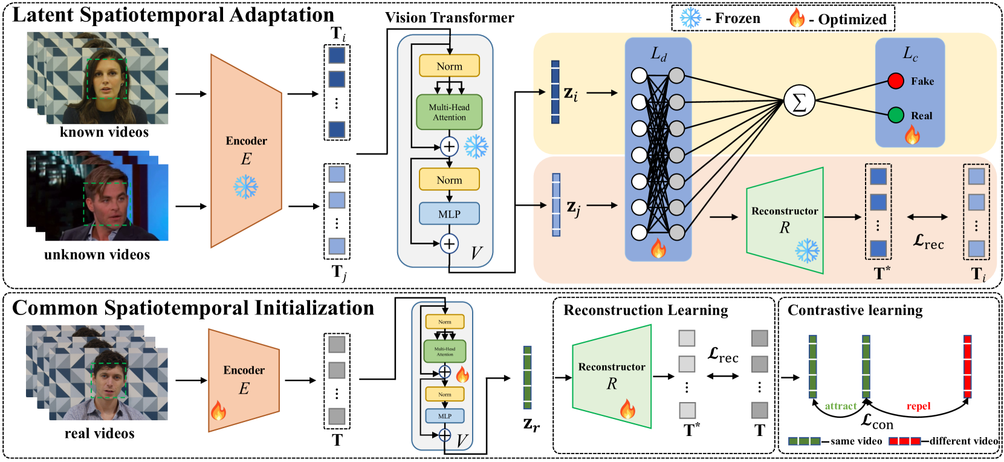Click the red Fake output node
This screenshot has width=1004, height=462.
[895, 80]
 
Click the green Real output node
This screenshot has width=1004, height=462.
[895, 115]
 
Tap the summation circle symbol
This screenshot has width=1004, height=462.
[799, 101]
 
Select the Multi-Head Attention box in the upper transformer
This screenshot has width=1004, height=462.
[449, 112]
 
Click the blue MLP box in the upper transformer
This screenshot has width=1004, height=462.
[449, 213]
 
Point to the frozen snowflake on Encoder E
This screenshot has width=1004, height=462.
[245, 187]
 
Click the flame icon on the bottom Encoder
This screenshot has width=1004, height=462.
[218, 411]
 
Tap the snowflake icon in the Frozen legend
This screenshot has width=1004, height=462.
[690, 18]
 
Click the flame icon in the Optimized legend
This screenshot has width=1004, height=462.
[797, 18]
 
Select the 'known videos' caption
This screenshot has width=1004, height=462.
[104, 132]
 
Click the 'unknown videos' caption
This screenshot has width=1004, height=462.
[97, 255]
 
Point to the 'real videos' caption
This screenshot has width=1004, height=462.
[99, 433]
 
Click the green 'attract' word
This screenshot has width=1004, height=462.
[840, 406]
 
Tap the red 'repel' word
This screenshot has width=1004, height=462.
[918, 406]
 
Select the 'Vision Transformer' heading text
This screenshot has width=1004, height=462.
[450, 18]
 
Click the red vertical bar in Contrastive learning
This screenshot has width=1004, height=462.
[967, 366]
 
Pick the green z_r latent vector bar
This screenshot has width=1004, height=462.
[527, 377]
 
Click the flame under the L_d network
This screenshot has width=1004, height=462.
[658, 248]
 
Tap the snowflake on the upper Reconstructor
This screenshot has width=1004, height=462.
[806, 250]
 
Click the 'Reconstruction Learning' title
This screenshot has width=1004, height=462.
[646, 310]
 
